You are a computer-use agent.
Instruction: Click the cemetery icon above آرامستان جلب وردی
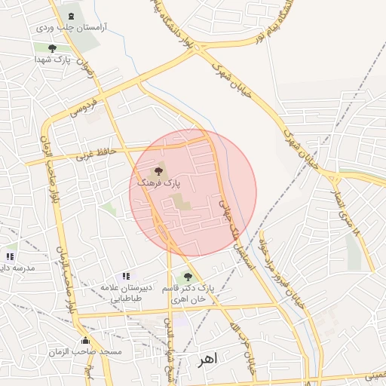[71, 16]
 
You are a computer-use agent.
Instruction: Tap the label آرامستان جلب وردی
[71, 28]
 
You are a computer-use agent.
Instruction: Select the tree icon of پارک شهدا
[52, 50]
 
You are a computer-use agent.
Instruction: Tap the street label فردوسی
[83, 106]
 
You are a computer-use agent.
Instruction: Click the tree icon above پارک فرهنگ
[158, 173]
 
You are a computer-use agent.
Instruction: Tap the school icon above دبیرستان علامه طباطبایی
[126, 277]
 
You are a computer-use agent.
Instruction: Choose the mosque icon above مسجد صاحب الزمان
[85, 341]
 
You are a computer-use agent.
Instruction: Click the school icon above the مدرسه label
[10, 257]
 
